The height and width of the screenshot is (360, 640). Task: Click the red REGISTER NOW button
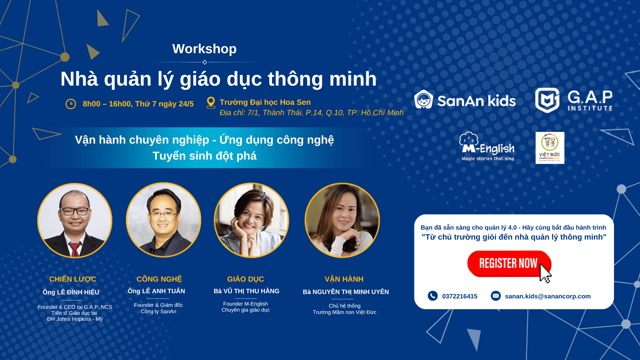point(509,264)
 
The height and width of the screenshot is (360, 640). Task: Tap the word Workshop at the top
point(204,49)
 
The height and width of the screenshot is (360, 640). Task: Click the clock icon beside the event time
point(70,104)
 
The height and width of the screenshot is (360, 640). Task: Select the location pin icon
point(211,103)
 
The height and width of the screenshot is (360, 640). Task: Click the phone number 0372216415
point(460,296)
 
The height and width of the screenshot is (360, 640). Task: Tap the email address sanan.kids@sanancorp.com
point(548,296)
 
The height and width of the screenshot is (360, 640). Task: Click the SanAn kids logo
point(465,100)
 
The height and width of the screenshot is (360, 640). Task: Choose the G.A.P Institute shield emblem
point(547,100)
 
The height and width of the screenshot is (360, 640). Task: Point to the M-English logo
point(487,146)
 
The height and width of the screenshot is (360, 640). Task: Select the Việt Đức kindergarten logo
point(550,148)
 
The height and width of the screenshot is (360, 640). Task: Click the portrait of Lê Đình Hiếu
point(75,220)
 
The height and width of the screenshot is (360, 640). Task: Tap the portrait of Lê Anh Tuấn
point(164,220)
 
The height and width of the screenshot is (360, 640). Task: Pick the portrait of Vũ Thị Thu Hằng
point(252,220)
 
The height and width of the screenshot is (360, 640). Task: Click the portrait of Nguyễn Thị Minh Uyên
point(342,220)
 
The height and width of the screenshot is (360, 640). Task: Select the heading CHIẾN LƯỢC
point(72,279)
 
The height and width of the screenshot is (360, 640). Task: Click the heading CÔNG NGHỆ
point(159,279)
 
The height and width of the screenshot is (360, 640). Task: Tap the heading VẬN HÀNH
point(344,279)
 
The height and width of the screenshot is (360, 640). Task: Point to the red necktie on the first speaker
point(75,249)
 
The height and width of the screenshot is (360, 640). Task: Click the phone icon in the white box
point(432,296)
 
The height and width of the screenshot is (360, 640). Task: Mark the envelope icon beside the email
point(496,296)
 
